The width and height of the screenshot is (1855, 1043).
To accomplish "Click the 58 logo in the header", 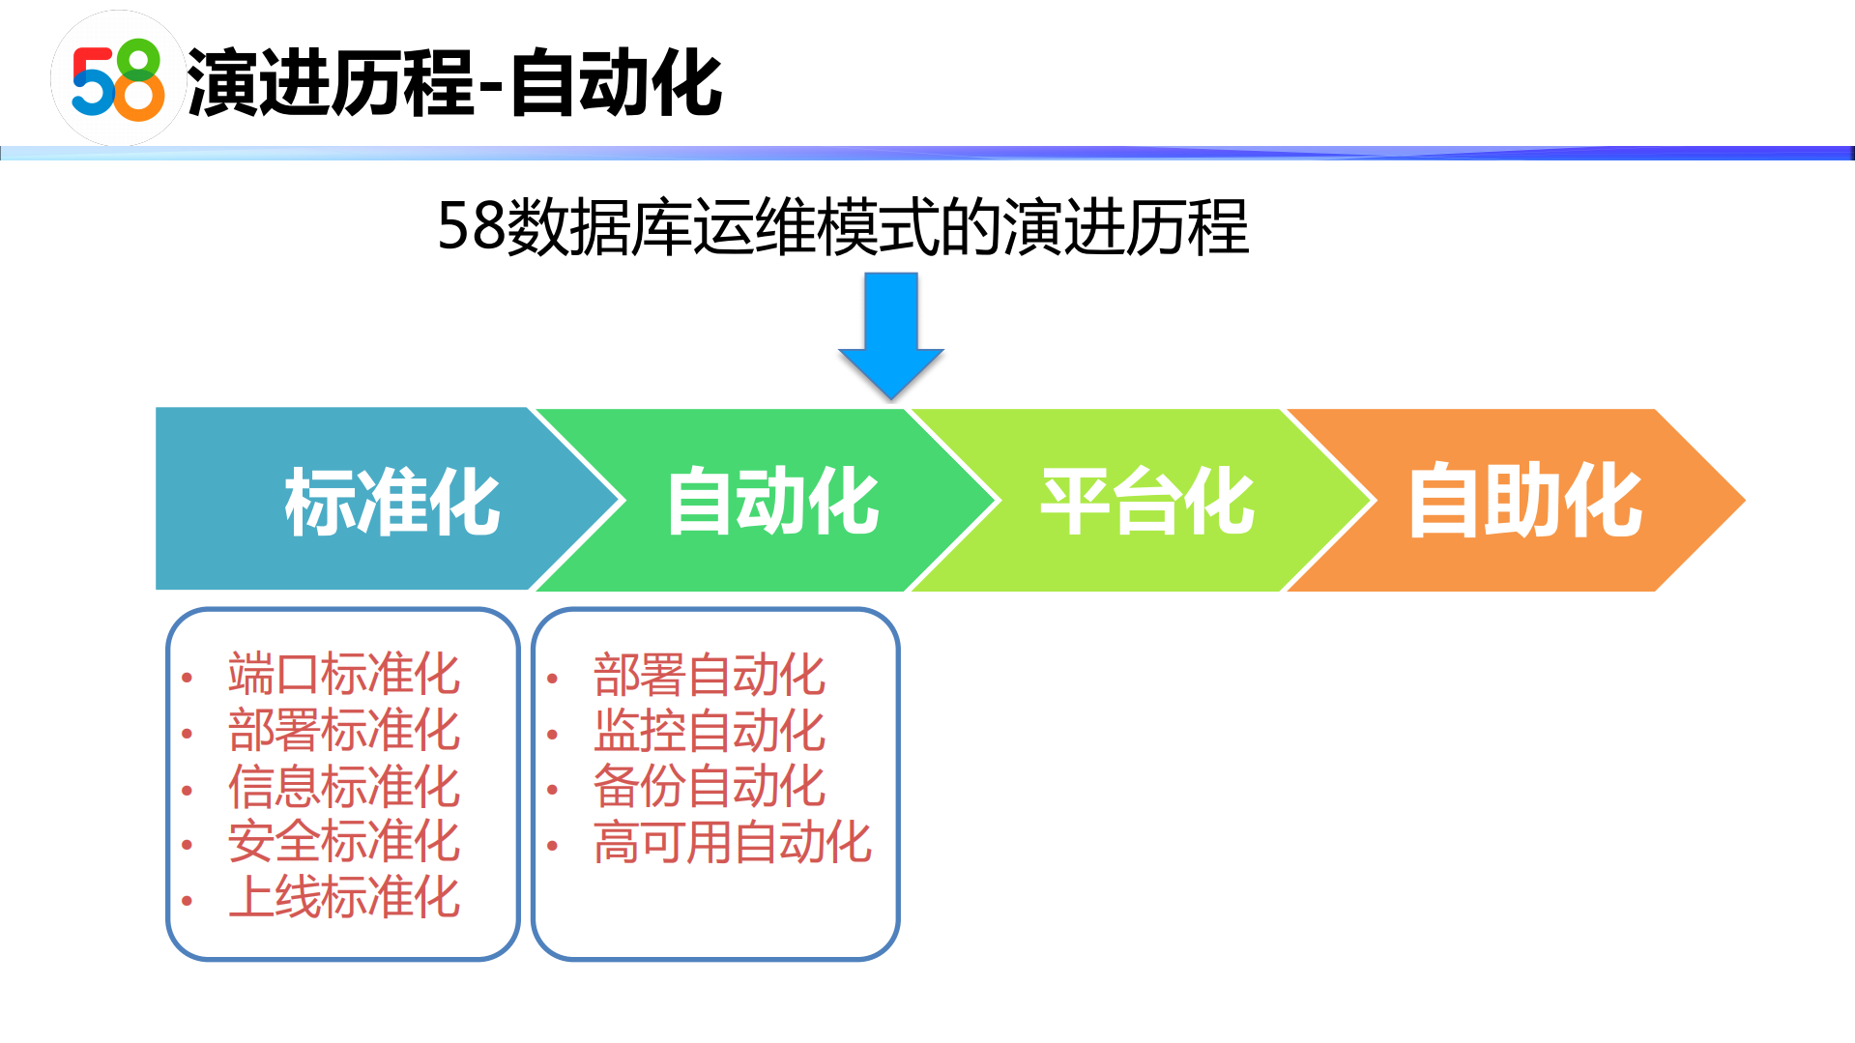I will pyautogui.click(x=118, y=80).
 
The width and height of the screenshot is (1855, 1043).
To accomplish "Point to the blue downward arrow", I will pyautogui.click(x=890, y=333).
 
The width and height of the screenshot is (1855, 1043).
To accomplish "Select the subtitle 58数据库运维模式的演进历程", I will pyautogui.click(x=842, y=228).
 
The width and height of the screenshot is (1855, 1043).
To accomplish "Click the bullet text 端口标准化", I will pyautogui.click(x=343, y=674).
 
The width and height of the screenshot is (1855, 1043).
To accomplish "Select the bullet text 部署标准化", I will pyautogui.click(x=343, y=730).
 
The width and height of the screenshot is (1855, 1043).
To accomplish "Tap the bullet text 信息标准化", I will pyautogui.click(x=343, y=786).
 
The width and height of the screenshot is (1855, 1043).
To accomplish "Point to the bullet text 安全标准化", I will pyautogui.click(x=343, y=841).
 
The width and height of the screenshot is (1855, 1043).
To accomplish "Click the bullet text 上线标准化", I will pyautogui.click(x=343, y=897).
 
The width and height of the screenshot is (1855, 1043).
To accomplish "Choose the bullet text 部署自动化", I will pyautogui.click(x=709, y=675).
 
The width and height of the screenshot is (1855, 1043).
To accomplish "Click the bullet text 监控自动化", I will pyautogui.click(x=709, y=731).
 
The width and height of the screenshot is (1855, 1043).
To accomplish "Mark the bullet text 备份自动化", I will pyautogui.click(x=709, y=786).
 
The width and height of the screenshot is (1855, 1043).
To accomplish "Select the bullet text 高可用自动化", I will pyautogui.click(x=732, y=842).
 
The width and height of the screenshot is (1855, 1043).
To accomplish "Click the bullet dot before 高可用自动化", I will pyautogui.click(x=553, y=846).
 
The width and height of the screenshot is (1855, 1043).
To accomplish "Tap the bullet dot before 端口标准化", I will pyautogui.click(x=188, y=678).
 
